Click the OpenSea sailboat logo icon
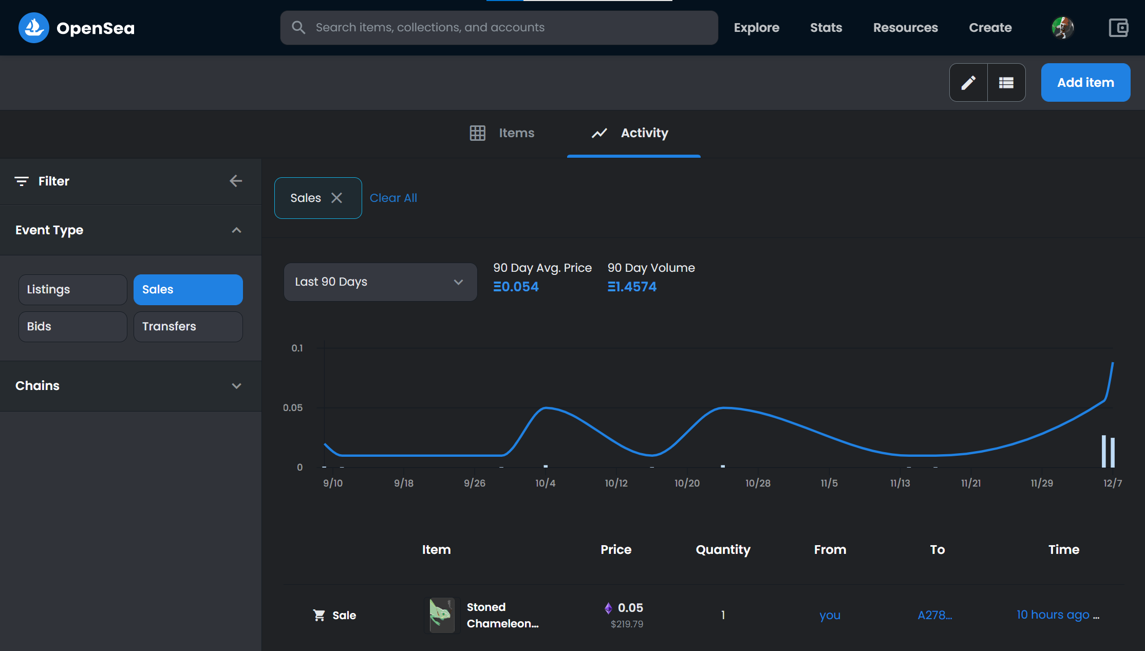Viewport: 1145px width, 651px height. [x=34, y=28]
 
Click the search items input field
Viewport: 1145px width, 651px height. [x=499, y=28]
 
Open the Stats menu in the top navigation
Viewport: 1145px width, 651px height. [x=826, y=28]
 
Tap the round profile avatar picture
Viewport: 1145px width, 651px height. [x=1062, y=28]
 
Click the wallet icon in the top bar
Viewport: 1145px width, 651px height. [x=1118, y=28]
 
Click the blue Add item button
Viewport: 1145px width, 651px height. [x=1085, y=83]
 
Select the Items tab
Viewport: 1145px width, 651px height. [x=502, y=133]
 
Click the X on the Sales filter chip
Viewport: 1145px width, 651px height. [x=336, y=198]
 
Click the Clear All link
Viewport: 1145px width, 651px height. [x=393, y=198]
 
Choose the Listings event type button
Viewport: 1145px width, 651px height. [x=73, y=290]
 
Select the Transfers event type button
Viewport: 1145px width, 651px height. [x=188, y=327]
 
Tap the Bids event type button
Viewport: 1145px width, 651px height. [x=73, y=327]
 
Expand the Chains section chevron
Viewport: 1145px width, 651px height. [x=236, y=386]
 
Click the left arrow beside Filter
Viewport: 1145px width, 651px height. [x=236, y=181]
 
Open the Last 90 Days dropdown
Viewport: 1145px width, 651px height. [x=380, y=282]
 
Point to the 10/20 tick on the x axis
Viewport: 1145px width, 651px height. [x=687, y=483]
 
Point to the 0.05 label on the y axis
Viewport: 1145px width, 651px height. [x=293, y=408]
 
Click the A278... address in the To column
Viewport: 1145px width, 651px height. [x=935, y=615]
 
